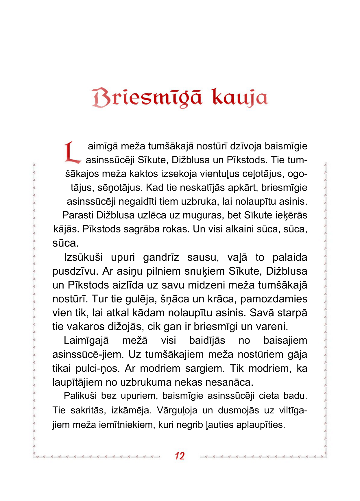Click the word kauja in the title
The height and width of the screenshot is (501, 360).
(x=240, y=98)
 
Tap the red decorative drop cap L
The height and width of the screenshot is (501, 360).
(x=72, y=152)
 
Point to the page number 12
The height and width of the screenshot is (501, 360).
(x=180, y=456)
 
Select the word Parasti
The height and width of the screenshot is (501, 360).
(x=77, y=215)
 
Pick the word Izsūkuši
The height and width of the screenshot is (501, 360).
(x=83, y=257)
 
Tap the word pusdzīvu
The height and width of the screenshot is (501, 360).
(x=74, y=271)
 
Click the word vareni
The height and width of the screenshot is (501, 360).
(x=272, y=327)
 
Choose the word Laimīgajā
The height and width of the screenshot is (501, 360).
(x=86, y=341)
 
